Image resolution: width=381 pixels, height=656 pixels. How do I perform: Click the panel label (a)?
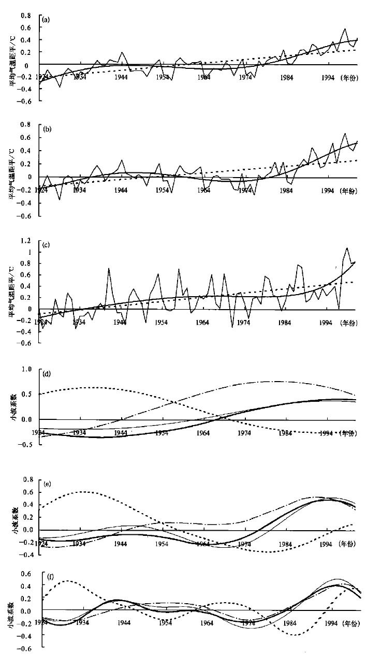(46, 20)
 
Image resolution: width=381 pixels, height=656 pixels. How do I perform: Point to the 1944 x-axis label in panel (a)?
(121, 78)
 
